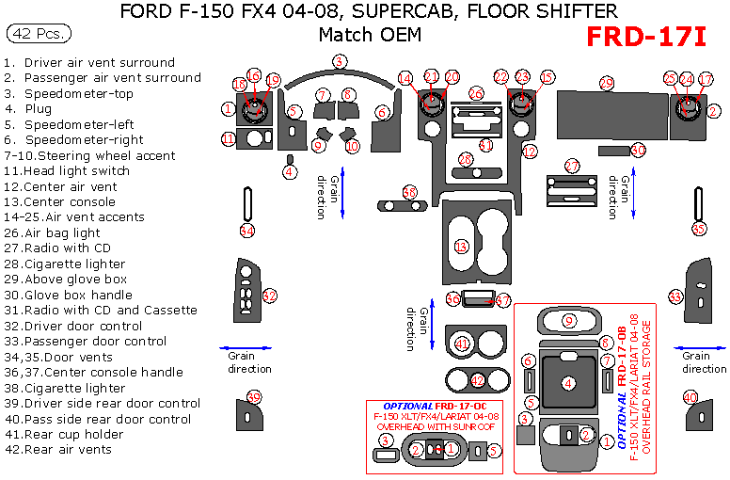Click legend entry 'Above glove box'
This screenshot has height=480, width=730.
pos(74,280)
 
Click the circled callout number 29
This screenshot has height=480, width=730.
pos(607,83)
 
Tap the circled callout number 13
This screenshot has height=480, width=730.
pos(461,247)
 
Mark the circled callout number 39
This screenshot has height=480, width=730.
pos(252,396)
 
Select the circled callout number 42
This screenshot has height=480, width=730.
pos(478,381)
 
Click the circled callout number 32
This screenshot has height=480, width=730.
pos(270,296)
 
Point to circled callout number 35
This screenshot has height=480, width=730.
pos(698,229)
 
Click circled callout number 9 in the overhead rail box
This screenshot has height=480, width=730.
pos(568,321)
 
